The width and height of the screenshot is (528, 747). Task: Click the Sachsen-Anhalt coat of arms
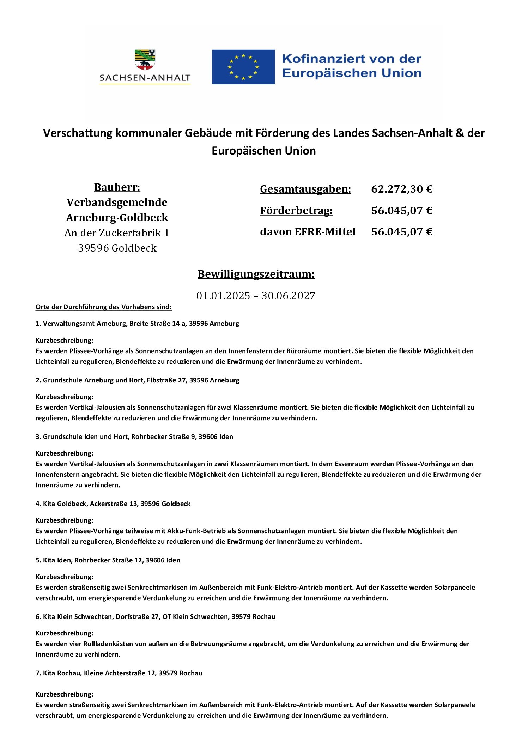145,59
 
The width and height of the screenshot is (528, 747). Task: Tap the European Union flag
243,67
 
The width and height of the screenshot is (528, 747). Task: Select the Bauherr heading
117,187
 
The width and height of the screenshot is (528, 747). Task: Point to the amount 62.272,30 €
402,189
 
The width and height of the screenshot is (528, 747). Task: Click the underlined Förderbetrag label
296,211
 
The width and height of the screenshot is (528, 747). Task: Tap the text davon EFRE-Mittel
308,232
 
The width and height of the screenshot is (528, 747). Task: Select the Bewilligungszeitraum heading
256,274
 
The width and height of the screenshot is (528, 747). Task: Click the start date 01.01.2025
223,295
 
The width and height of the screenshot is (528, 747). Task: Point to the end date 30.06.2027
288,295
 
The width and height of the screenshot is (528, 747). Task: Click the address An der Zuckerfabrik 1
117,233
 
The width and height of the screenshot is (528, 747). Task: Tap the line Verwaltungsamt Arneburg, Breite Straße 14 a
137,324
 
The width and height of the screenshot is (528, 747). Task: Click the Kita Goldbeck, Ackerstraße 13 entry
113,504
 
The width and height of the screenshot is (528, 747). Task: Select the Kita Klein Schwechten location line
156,617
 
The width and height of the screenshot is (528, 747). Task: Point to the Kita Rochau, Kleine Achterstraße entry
119,673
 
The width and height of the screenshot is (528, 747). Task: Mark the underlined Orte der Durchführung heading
103,307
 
